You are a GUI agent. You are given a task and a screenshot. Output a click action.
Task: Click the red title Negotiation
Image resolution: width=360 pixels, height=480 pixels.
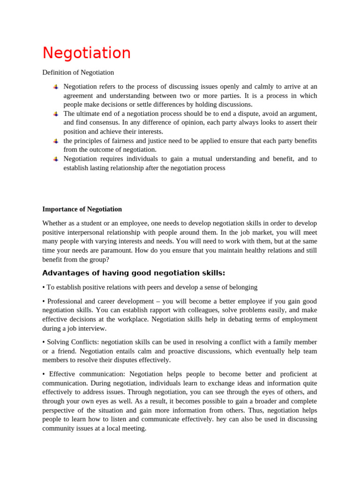pos(86,53)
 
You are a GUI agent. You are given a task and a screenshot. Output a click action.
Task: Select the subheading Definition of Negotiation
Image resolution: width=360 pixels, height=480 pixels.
pos(78,72)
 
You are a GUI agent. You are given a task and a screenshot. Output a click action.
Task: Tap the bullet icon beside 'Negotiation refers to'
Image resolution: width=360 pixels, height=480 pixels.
pos(55,87)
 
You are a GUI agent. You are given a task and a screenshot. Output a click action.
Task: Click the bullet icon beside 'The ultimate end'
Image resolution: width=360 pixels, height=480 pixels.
pos(55,114)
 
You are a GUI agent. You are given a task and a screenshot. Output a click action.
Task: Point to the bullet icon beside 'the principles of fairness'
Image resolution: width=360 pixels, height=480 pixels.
pos(55,141)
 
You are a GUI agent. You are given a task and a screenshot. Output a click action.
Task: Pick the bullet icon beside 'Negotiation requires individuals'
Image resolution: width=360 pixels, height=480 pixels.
pos(55,159)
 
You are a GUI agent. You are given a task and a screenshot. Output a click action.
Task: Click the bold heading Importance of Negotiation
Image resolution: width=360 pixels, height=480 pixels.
pos(82,209)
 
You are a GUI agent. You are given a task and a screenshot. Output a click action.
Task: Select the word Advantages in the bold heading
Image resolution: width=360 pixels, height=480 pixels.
pos(62,273)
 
